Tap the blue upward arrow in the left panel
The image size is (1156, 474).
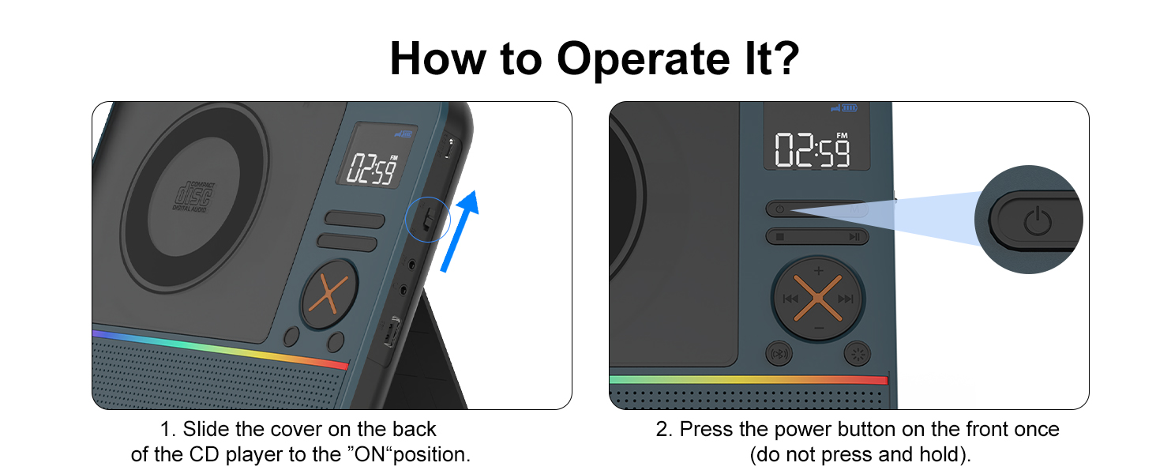pos(460,231)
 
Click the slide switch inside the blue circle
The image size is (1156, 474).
pos(428,219)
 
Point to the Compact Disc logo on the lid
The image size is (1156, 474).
pos(193,197)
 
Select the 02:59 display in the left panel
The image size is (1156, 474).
pos(372,169)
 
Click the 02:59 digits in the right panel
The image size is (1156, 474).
pos(812,150)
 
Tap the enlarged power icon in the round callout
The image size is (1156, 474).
pos(1038,221)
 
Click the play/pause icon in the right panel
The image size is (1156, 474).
pos(854,237)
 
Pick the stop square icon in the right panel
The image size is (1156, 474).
pos(780,237)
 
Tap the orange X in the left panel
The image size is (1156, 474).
pos(328,294)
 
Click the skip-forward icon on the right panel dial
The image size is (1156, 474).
pos(846,299)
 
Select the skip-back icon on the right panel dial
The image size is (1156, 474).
pos(790,299)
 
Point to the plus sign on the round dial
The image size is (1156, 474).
pos(819,270)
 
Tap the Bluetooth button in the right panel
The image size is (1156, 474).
pos(779,354)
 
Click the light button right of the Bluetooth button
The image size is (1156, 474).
pos(858,354)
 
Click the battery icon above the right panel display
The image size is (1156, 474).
pos(850,108)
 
